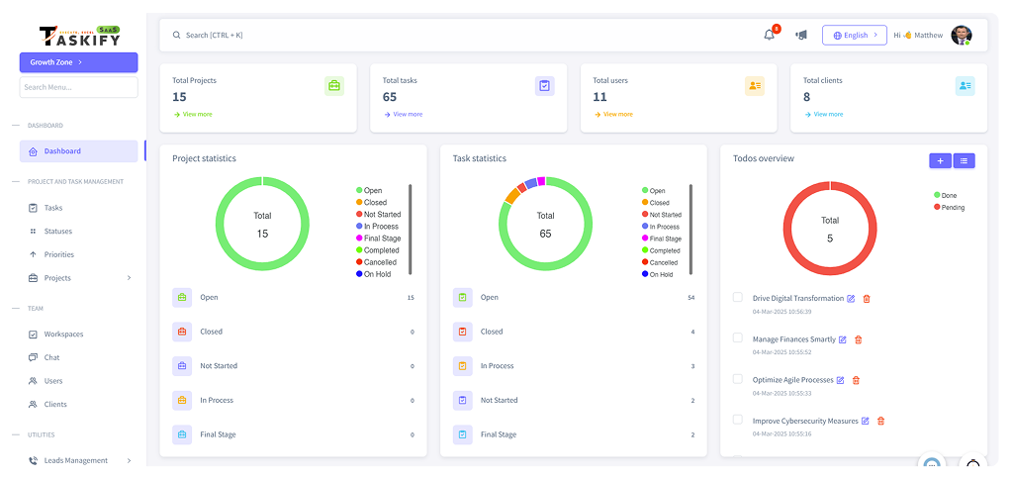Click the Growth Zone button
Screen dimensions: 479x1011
[x=78, y=62]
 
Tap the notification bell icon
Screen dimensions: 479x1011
[x=769, y=35]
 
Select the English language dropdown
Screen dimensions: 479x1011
[x=854, y=35]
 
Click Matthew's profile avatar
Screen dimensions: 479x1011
[x=961, y=35]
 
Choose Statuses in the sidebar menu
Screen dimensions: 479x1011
[x=57, y=232]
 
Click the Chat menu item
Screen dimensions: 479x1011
[x=51, y=357]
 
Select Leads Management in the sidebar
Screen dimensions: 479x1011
[x=75, y=460]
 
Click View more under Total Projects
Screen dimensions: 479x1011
[x=193, y=114]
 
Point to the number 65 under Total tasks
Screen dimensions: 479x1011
[x=390, y=97]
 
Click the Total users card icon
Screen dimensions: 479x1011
[x=755, y=86]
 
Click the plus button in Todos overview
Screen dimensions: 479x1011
[x=940, y=160]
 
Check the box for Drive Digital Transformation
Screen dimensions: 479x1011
[x=737, y=297]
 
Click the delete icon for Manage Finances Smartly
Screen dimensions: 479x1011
[x=858, y=339]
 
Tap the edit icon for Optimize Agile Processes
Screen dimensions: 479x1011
[x=840, y=380]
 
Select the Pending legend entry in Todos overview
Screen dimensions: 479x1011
[x=952, y=208]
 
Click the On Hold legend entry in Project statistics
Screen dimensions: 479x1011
[x=376, y=274]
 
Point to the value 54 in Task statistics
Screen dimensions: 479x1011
[x=691, y=297]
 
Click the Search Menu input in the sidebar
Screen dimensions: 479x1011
[x=78, y=87]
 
